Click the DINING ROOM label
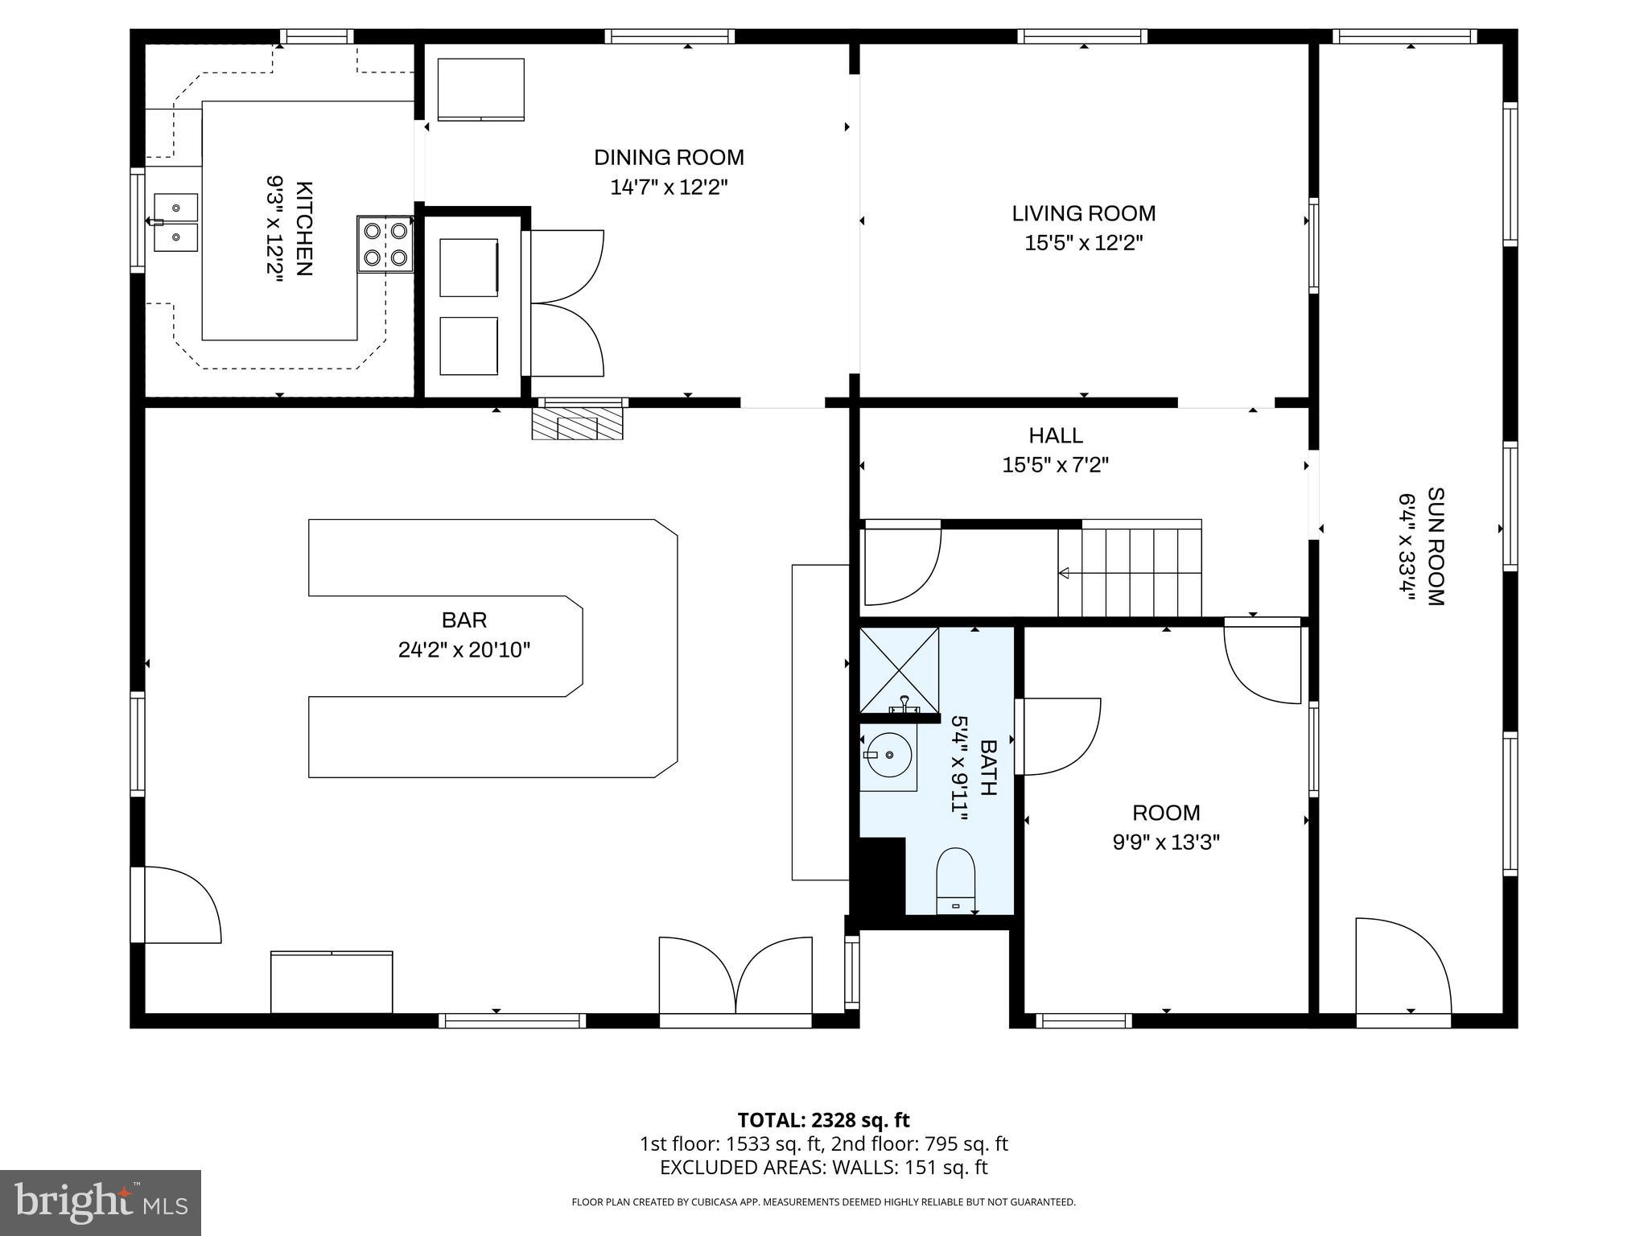coord(669,158)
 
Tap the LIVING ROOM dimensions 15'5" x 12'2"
coord(1083,243)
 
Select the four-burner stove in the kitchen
coord(385,244)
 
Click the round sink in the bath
coord(888,755)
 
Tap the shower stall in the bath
coord(899,669)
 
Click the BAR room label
coord(464,620)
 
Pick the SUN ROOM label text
coord(1435,546)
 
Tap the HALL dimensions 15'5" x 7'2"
coord(1055,465)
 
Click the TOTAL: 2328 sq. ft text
coord(823,1120)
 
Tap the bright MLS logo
coord(101,1202)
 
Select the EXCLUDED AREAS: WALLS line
coord(823,1168)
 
